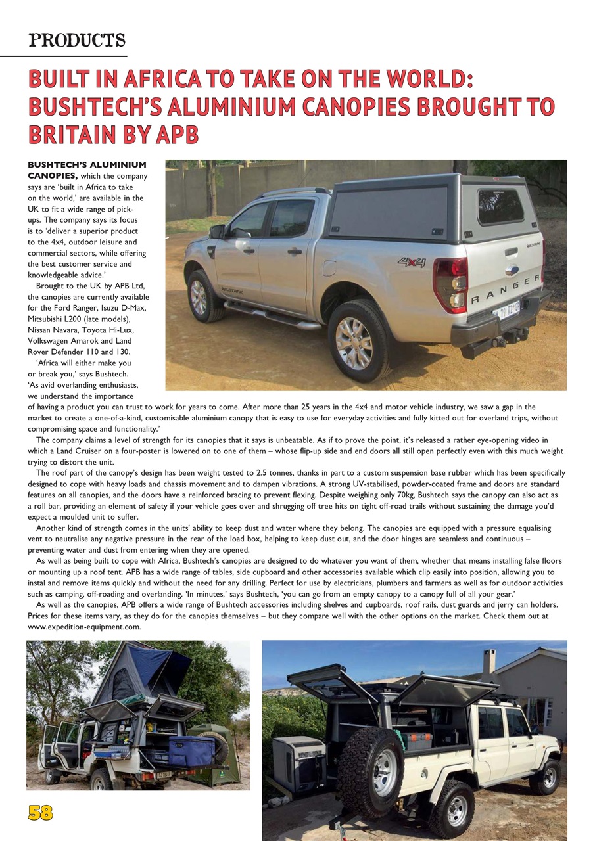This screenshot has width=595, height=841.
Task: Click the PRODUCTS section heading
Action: (77, 41)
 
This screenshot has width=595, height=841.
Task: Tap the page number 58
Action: (40, 813)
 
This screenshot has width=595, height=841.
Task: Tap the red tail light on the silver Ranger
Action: (450, 284)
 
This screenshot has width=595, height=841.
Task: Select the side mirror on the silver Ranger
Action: (217, 231)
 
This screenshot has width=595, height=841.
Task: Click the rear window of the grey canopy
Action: (500, 206)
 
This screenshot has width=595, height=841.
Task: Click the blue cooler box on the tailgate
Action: (191, 751)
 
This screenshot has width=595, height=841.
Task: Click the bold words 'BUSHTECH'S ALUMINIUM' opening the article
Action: (87, 164)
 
